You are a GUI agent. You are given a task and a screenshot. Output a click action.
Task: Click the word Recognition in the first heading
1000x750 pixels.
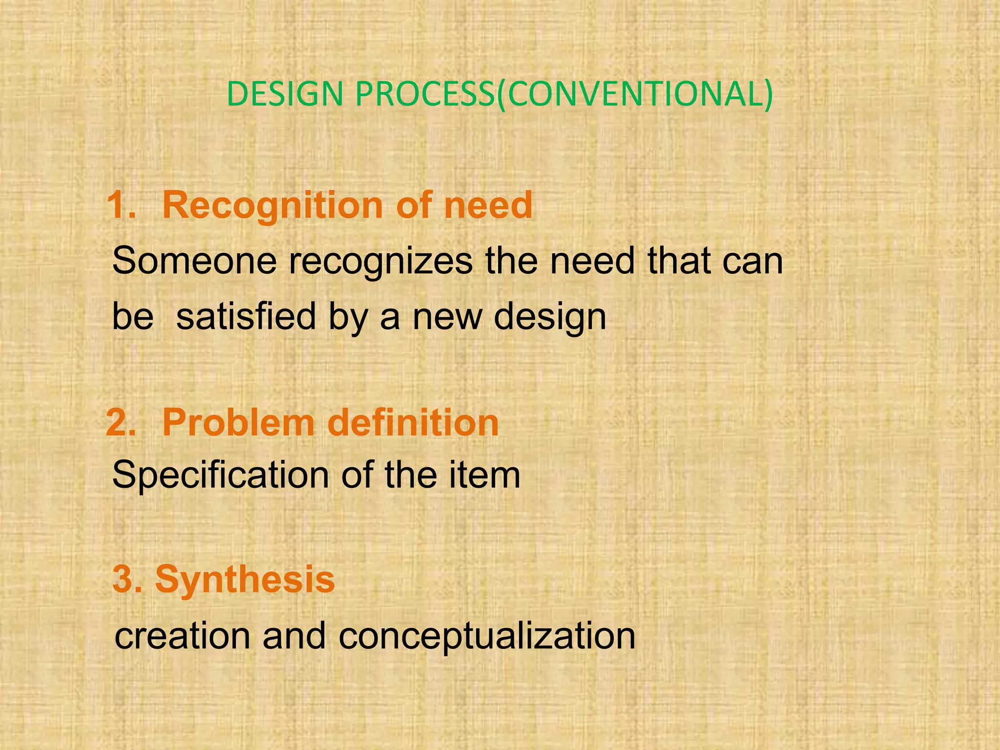(x=273, y=205)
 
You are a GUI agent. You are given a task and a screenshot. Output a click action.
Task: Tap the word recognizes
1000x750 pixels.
(x=380, y=261)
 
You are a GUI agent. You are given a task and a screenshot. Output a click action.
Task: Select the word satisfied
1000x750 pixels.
(x=246, y=316)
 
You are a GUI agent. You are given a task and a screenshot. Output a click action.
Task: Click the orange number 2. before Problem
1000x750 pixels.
(x=121, y=422)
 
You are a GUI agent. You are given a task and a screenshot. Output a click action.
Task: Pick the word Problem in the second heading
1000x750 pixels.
(x=238, y=422)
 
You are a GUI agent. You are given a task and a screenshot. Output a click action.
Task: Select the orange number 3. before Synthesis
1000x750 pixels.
(x=128, y=579)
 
